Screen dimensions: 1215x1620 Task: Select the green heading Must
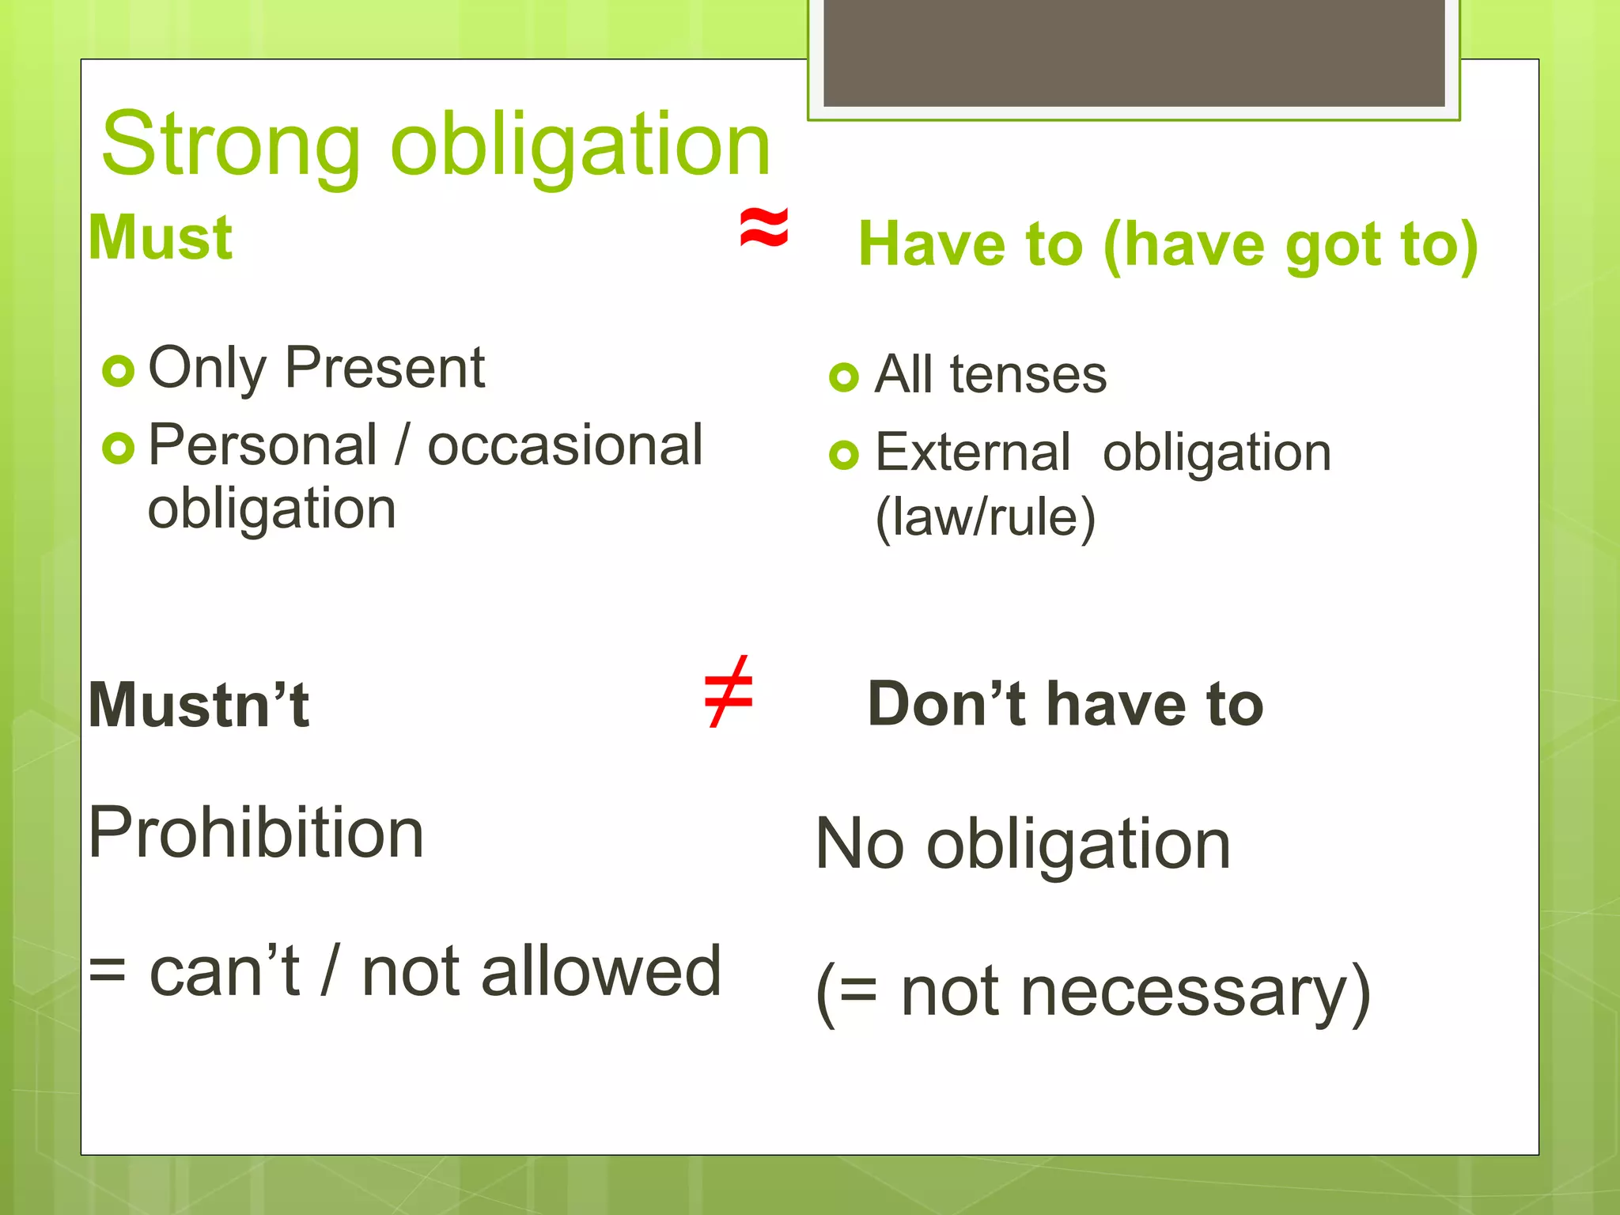(161, 237)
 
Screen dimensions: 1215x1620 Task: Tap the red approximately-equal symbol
(763, 227)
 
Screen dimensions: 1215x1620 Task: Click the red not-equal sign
(729, 692)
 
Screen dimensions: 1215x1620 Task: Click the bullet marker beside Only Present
(119, 371)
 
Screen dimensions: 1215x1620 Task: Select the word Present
(384, 368)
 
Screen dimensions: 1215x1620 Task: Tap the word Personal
(263, 445)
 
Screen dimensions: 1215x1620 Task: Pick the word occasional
(565, 445)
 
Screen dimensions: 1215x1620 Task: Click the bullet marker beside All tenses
(844, 377)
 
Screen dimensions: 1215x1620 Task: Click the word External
(973, 452)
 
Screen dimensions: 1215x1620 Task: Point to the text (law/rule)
(986, 517)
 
